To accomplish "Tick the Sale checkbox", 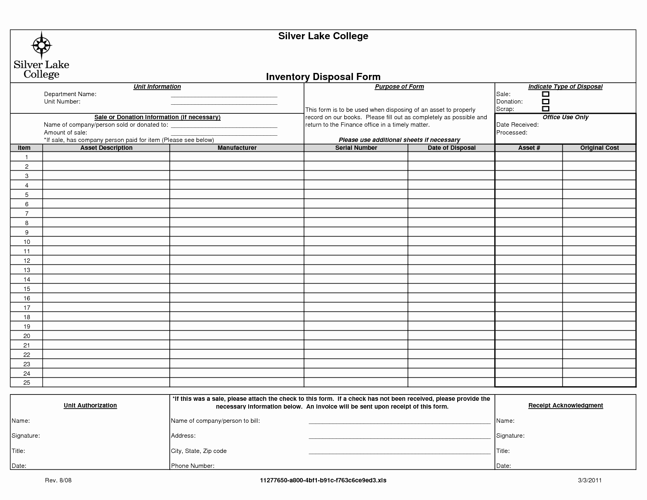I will pyautogui.click(x=545, y=94).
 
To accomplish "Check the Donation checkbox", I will pyautogui.click(x=545, y=102).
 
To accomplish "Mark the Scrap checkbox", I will pyautogui.click(x=545, y=109).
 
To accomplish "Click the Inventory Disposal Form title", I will pyautogui.click(x=323, y=76).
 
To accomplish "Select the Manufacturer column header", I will pyautogui.click(x=237, y=148).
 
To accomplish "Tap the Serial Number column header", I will pyautogui.click(x=356, y=148).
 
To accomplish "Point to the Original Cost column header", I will pyautogui.click(x=599, y=148).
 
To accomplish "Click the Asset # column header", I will pyautogui.click(x=529, y=148).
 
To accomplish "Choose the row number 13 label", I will pyautogui.click(x=27, y=270).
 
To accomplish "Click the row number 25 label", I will pyautogui.click(x=27, y=383).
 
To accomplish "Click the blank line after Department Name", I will pyautogui.click(x=224, y=96).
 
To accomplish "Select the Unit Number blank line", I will pyautogui.click(x=224, y=104).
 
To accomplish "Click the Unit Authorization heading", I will pyautogui.click(x=90, y=405).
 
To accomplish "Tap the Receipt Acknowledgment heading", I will pyautogui.click(x=565, y=405).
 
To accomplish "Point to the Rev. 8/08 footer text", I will pyautogui.click(x=58, y=480).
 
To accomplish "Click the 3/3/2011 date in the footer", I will pyautogui.click(x=590, y=480).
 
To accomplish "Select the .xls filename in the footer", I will pyautogui.click(x=323, y=480).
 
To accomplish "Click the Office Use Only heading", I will pyautogui.click(x=565, y=117).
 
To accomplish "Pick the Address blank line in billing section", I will pyautogui.click(x=400, y=437).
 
